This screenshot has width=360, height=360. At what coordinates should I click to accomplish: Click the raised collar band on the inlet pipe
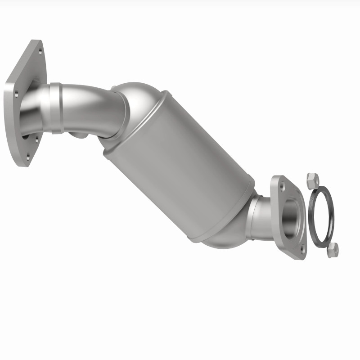56,108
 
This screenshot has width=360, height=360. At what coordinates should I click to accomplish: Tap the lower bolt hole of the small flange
302,248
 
